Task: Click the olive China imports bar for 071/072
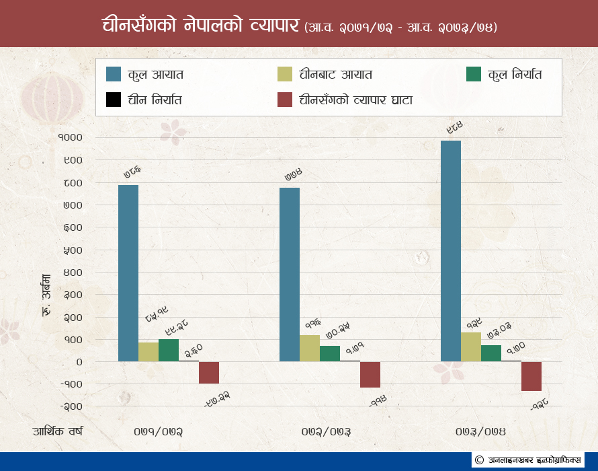148,352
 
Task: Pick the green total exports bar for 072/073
330,354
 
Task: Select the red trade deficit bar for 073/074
531,376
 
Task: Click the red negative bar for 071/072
209,373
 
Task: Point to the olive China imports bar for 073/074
471,347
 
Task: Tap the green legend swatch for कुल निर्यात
474,74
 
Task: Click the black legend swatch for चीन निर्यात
114,100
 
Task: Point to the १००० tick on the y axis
70,137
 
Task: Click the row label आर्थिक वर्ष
57,431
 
